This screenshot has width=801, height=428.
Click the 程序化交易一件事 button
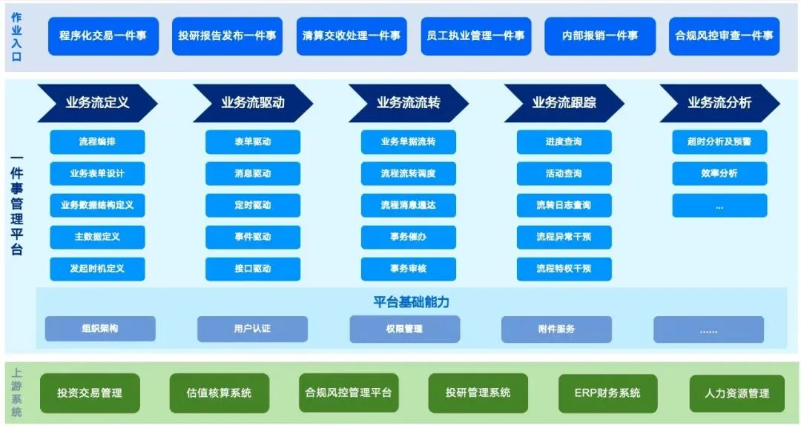[x=103, y=36]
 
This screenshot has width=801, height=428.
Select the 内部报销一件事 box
[x=599, y=36]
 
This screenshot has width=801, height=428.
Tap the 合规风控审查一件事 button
[x=723, y=36]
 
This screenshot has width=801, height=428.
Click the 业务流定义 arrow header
[x=97, y=103]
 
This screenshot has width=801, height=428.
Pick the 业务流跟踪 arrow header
[x=564, y=103]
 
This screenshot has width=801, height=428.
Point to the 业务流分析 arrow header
[x=719, y=103]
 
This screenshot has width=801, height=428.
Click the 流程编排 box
[x=97, y=141]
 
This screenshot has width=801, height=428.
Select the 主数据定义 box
[x=97, y=237]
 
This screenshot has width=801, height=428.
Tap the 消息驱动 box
[x=253, y=173]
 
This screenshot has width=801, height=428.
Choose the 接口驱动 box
[x=253, y=269]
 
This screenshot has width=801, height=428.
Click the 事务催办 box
[x=408, y=237]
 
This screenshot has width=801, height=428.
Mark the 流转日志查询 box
[x=564, y=205]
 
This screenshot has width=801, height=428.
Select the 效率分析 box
[x=719, y=173]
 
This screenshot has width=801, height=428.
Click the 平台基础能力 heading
[x=411, y=302]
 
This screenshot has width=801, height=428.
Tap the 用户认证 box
[x=252, y=329]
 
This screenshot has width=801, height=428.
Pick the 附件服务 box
[x=556, y=329]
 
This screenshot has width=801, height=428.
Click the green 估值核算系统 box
[x=219, y=392]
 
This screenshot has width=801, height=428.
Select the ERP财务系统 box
[x=607, y=392]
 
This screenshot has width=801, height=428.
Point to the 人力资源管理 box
[x=737, y=393]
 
